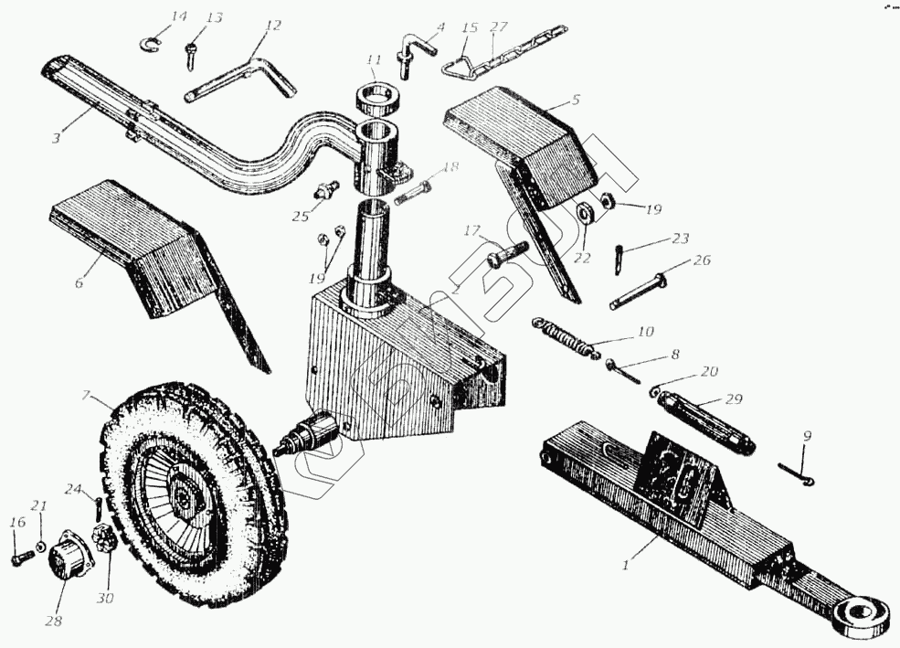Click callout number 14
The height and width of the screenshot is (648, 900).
tap(178, 16)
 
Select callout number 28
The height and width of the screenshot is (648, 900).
tap(56, 622)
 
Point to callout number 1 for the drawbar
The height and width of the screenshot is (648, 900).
tap(626, 566)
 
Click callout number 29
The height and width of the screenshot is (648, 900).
tap(734, 398)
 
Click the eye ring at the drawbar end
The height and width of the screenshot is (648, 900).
tap(862, 612)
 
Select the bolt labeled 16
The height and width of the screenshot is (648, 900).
tap(21, 557)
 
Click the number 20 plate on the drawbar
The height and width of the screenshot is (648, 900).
tap(681, 469)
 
